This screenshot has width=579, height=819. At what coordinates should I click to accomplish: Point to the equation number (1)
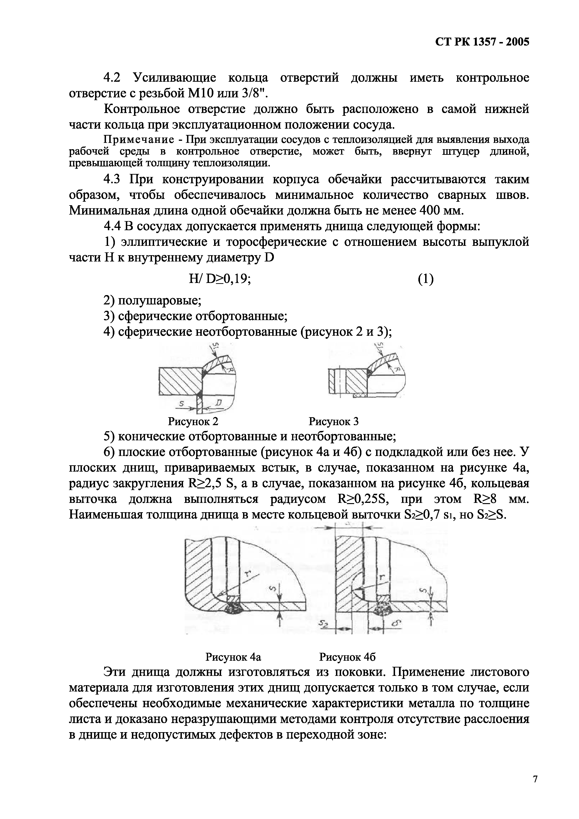click(x=426, y=279)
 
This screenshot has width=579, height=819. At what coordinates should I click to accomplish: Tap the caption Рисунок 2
click(x=193, y=422)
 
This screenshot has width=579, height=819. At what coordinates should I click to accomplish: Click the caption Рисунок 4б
click(x=347, y=657)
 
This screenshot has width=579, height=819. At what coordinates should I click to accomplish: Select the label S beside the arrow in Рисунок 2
click(x=181, y=404)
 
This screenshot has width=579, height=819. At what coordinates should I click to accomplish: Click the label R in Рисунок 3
click(x=397, y=370)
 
